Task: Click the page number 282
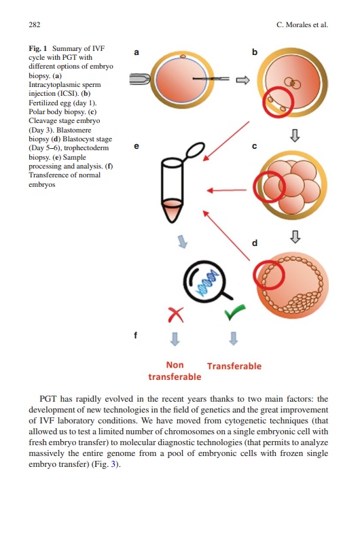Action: (x=35, y=25)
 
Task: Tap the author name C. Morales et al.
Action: (x=302, y=25)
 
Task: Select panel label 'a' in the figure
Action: (x=136, y=52)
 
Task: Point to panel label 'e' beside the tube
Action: (x=137, y=145)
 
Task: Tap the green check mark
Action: (x=233, y=313)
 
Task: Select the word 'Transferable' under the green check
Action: (x=234, y=366)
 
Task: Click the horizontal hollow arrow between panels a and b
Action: (x=242, y=80)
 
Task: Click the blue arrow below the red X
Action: (x=176, y=338)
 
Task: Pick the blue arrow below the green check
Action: (x=233, y=338)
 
